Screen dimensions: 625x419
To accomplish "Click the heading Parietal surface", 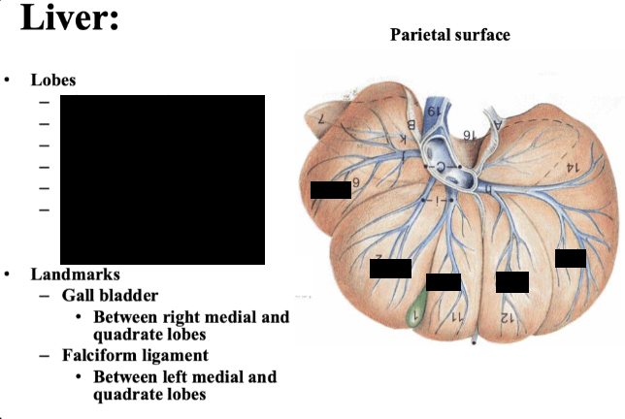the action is pos(449,35).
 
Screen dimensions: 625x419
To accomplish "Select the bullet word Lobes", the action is pos(52,80).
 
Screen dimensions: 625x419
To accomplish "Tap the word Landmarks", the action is pos(75,274).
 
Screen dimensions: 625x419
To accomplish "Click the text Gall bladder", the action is pos(110,295).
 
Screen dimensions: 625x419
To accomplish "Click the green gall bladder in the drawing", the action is pos(416,310).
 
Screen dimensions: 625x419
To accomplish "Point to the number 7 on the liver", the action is pos(321,119).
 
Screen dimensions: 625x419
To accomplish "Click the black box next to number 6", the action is pos(330,189).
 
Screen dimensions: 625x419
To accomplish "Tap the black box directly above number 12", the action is pos(512,282).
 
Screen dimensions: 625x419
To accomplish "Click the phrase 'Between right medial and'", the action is pos(191,317).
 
